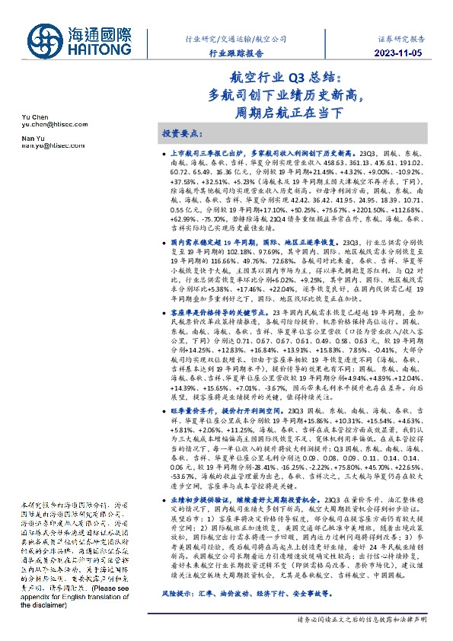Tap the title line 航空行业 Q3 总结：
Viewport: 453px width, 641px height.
click(x=290, y=78)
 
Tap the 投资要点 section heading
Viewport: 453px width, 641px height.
click(x=183, y=132)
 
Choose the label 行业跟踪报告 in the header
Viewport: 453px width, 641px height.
click(x=237, y=53)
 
